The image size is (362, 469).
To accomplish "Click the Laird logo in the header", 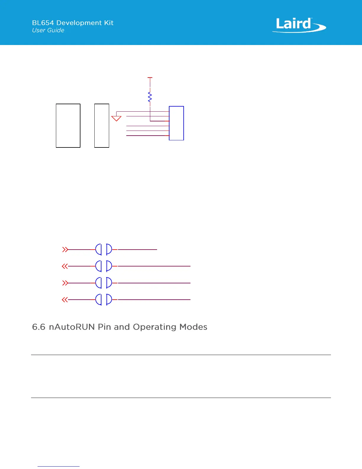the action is [299, 25].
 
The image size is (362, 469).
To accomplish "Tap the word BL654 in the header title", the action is [43, 23].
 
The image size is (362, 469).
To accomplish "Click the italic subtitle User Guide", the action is [48, 30].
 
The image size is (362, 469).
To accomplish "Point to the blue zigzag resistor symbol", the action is [150, 97].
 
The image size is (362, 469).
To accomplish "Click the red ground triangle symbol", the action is [116, 118].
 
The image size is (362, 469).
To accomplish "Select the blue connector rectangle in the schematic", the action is [176, 123].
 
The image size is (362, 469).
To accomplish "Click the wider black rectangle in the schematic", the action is [68, 126].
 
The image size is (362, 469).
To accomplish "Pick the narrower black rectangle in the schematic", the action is [102, 126].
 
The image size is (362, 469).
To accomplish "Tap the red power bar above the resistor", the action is [150, 78].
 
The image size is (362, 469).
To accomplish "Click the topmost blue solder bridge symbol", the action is [104, 250].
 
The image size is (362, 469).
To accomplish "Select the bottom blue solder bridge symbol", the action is [104, 300].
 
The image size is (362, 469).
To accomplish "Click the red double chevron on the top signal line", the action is [65, 250].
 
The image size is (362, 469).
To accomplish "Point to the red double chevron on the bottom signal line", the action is [65, 300].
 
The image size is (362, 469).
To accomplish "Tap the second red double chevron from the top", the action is [65, 266].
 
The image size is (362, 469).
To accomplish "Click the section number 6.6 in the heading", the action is [39, 327].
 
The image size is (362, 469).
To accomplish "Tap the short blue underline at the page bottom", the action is [59, 466].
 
